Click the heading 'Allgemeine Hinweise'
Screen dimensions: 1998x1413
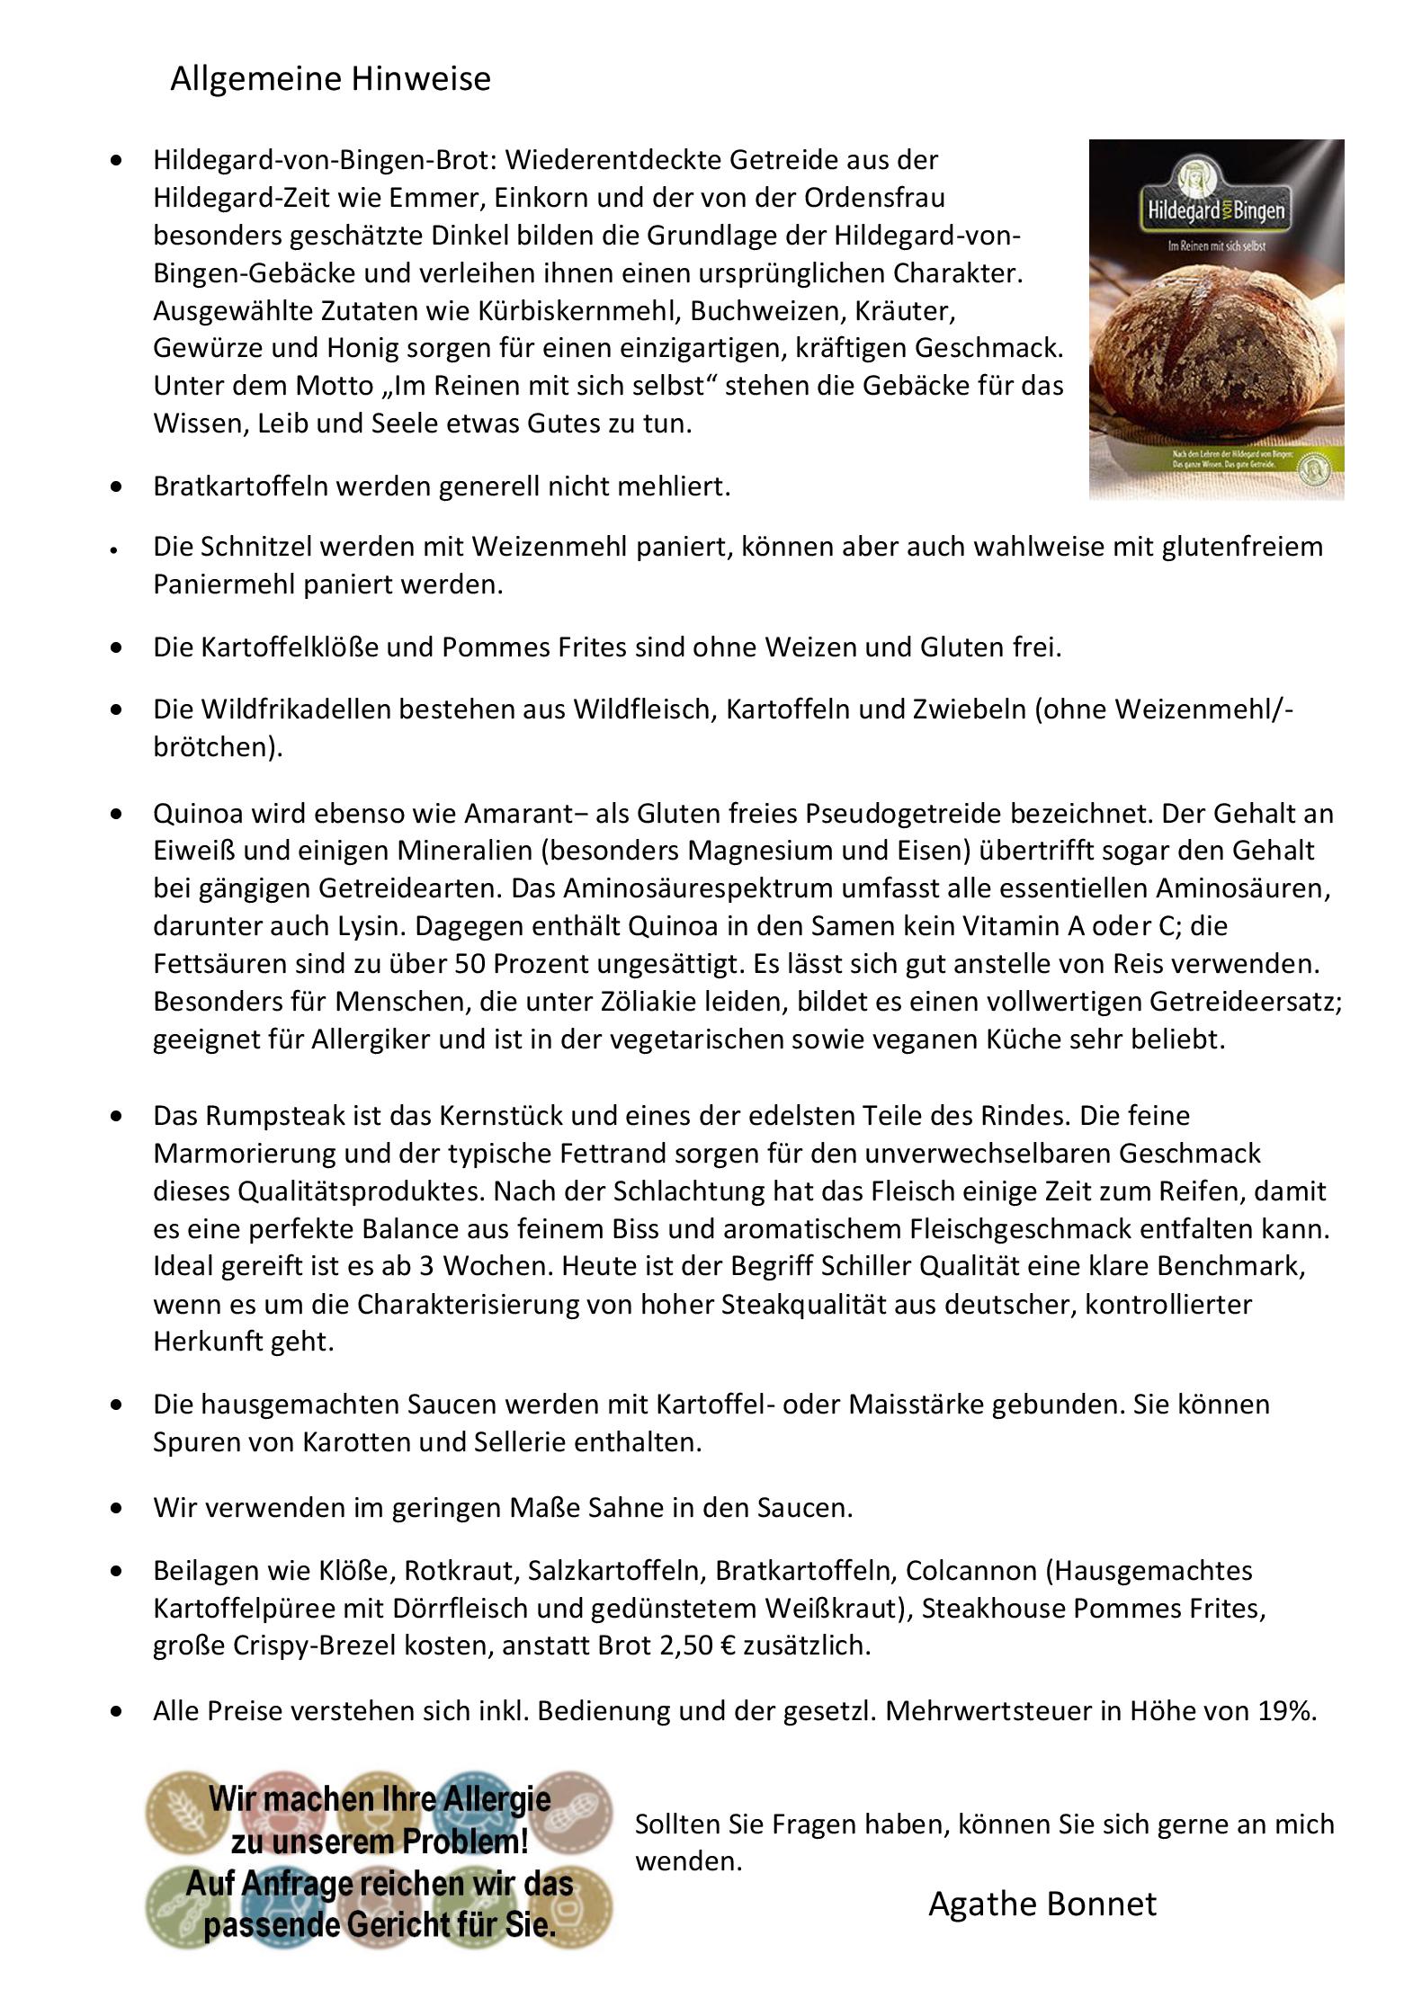click(x=330, y=79)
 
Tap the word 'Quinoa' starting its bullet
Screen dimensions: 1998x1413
click(x=196, y=813)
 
